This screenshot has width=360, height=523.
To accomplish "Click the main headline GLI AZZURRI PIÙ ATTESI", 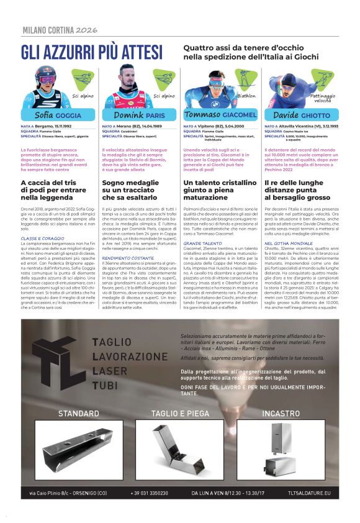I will click(91, 52).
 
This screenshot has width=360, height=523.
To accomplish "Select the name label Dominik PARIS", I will click(139, 115).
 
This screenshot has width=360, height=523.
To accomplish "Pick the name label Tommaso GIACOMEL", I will click(220, 115).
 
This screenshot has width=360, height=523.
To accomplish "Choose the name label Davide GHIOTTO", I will click(302, 115).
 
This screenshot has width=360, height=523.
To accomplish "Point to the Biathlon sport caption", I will click(246, 96).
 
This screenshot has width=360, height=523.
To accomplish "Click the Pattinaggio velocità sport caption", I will click(322, 98).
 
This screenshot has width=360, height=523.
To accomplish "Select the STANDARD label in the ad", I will click(78, 413).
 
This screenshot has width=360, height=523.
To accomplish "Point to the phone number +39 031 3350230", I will click(149, 493).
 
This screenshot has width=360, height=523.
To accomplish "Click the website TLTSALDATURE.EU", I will click(310, 493).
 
